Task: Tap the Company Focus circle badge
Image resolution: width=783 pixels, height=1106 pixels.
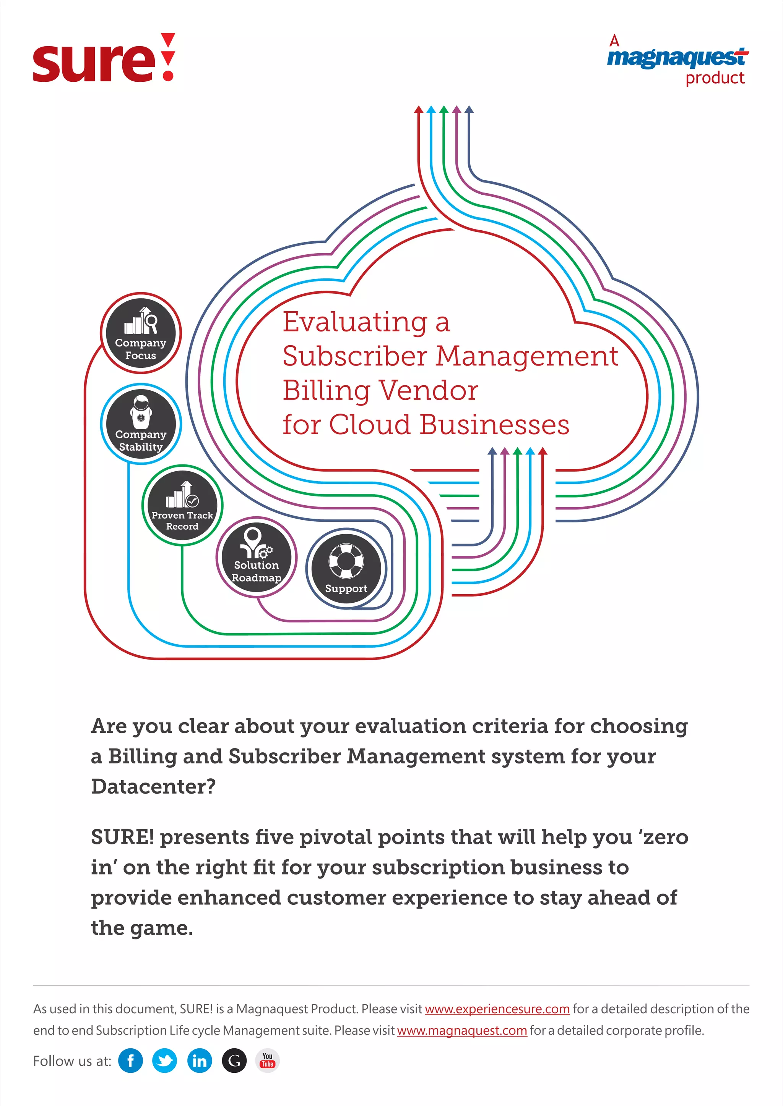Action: [140, 333]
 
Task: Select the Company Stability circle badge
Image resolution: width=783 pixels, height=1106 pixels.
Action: [140, 424]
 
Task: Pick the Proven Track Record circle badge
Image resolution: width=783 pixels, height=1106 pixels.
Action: [182, 505]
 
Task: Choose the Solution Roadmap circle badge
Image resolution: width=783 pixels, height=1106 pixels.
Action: [256, 558]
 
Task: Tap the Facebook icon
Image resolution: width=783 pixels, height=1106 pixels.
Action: [130, 1061]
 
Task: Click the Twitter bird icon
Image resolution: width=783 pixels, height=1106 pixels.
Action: [164, 1061]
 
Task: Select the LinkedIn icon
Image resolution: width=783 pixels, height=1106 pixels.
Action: [199, 1061]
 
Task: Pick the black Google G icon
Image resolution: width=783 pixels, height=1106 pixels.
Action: [234, 1061]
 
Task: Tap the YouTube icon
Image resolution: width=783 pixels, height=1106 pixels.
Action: [268, 1060]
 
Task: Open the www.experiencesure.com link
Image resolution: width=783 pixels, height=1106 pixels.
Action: [497, 1009]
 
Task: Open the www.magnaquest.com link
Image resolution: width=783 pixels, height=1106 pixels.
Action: [462, 1030]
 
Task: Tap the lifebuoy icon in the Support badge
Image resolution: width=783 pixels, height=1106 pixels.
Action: [346, 561]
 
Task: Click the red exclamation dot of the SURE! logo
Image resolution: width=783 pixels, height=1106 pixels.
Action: [168, 75]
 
